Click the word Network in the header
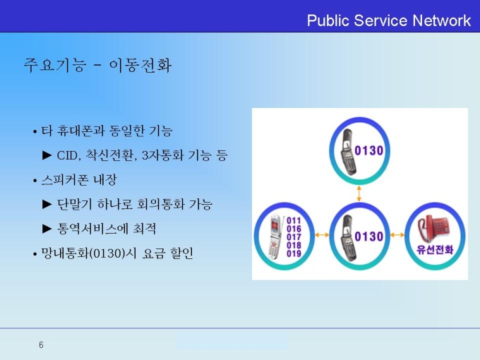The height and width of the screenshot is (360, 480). point(441,20)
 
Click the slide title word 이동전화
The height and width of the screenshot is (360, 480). point(140,65)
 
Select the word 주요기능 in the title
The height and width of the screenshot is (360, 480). point(54,65)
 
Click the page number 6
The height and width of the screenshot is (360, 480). point(41,345)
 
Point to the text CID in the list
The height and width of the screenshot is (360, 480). point(67,155)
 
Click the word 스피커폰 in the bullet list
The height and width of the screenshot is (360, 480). point(65,180)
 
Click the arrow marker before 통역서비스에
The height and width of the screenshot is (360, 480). point(47,229)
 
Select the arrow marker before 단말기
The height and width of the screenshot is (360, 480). point(47,204)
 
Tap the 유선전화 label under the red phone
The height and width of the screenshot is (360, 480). point(435,250)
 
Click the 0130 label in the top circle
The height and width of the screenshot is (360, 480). point(369,150)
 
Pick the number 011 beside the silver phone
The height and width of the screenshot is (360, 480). point(294,220)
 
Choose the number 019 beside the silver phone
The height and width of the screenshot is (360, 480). point(294,253)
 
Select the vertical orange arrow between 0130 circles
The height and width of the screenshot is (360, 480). point(359,193)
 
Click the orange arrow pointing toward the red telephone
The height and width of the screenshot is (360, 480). point(397,235)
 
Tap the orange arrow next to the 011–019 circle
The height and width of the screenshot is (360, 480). point(322,235)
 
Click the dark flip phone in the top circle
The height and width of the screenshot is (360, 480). point(349,152)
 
